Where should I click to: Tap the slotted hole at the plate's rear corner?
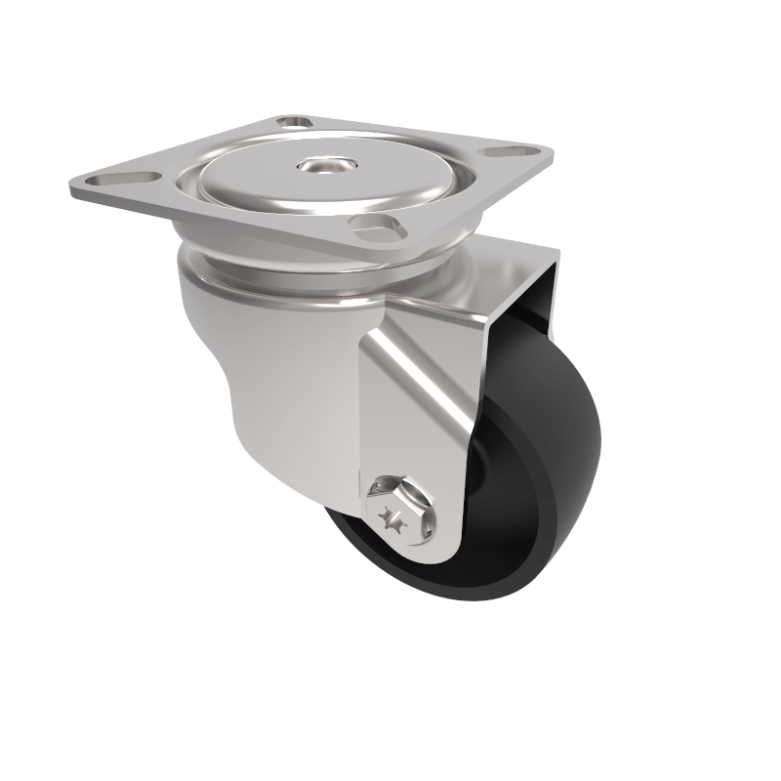(x=290, y=124)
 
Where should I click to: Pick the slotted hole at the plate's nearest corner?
(x=375, y=227)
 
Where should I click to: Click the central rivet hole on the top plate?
(x=317, y=167)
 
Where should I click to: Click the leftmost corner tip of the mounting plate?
(x=70, y=184)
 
